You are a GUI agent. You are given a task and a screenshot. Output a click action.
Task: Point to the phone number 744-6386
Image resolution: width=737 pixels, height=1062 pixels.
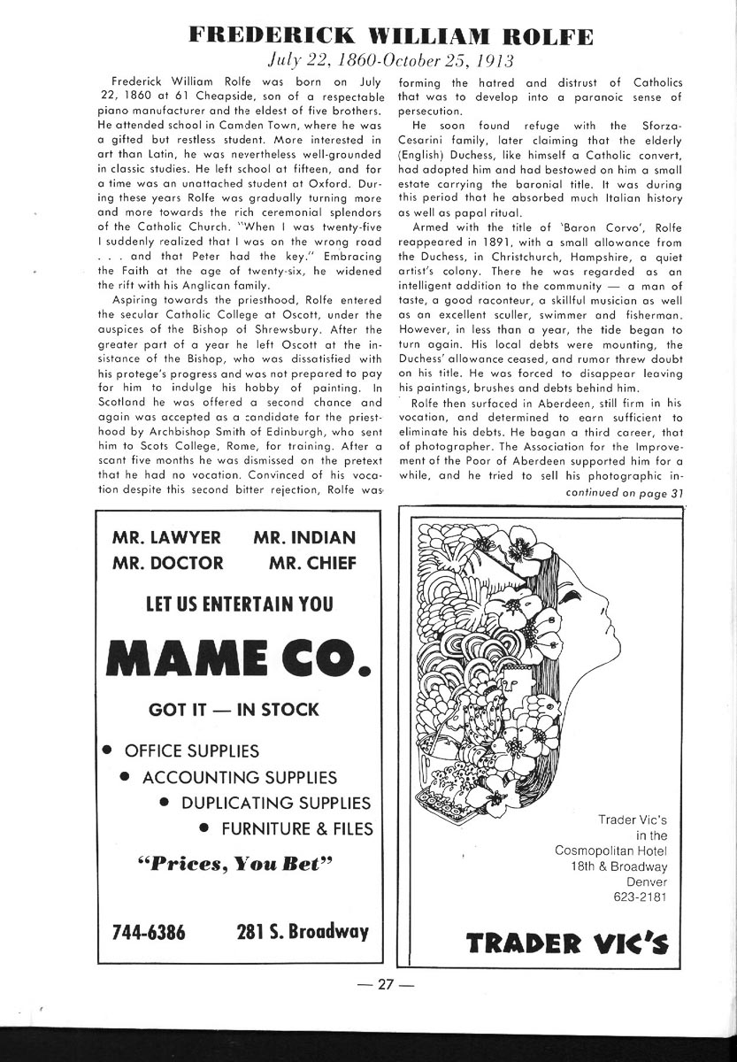pos(149,932)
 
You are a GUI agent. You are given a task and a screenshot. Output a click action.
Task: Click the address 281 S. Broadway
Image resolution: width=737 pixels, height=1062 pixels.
pos(303,932)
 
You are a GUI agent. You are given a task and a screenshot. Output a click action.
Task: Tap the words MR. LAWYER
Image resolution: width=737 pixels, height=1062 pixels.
pos(166,537)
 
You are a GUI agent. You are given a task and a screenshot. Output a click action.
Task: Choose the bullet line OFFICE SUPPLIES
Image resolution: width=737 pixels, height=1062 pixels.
pos(192,751)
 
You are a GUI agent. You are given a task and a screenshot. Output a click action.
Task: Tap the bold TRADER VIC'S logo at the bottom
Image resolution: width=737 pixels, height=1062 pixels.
pos(567,943)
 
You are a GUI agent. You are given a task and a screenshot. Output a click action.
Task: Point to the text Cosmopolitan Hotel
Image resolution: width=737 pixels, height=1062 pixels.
pos(611,850)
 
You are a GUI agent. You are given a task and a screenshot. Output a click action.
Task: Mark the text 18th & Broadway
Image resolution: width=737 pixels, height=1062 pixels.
pos(619,866)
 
